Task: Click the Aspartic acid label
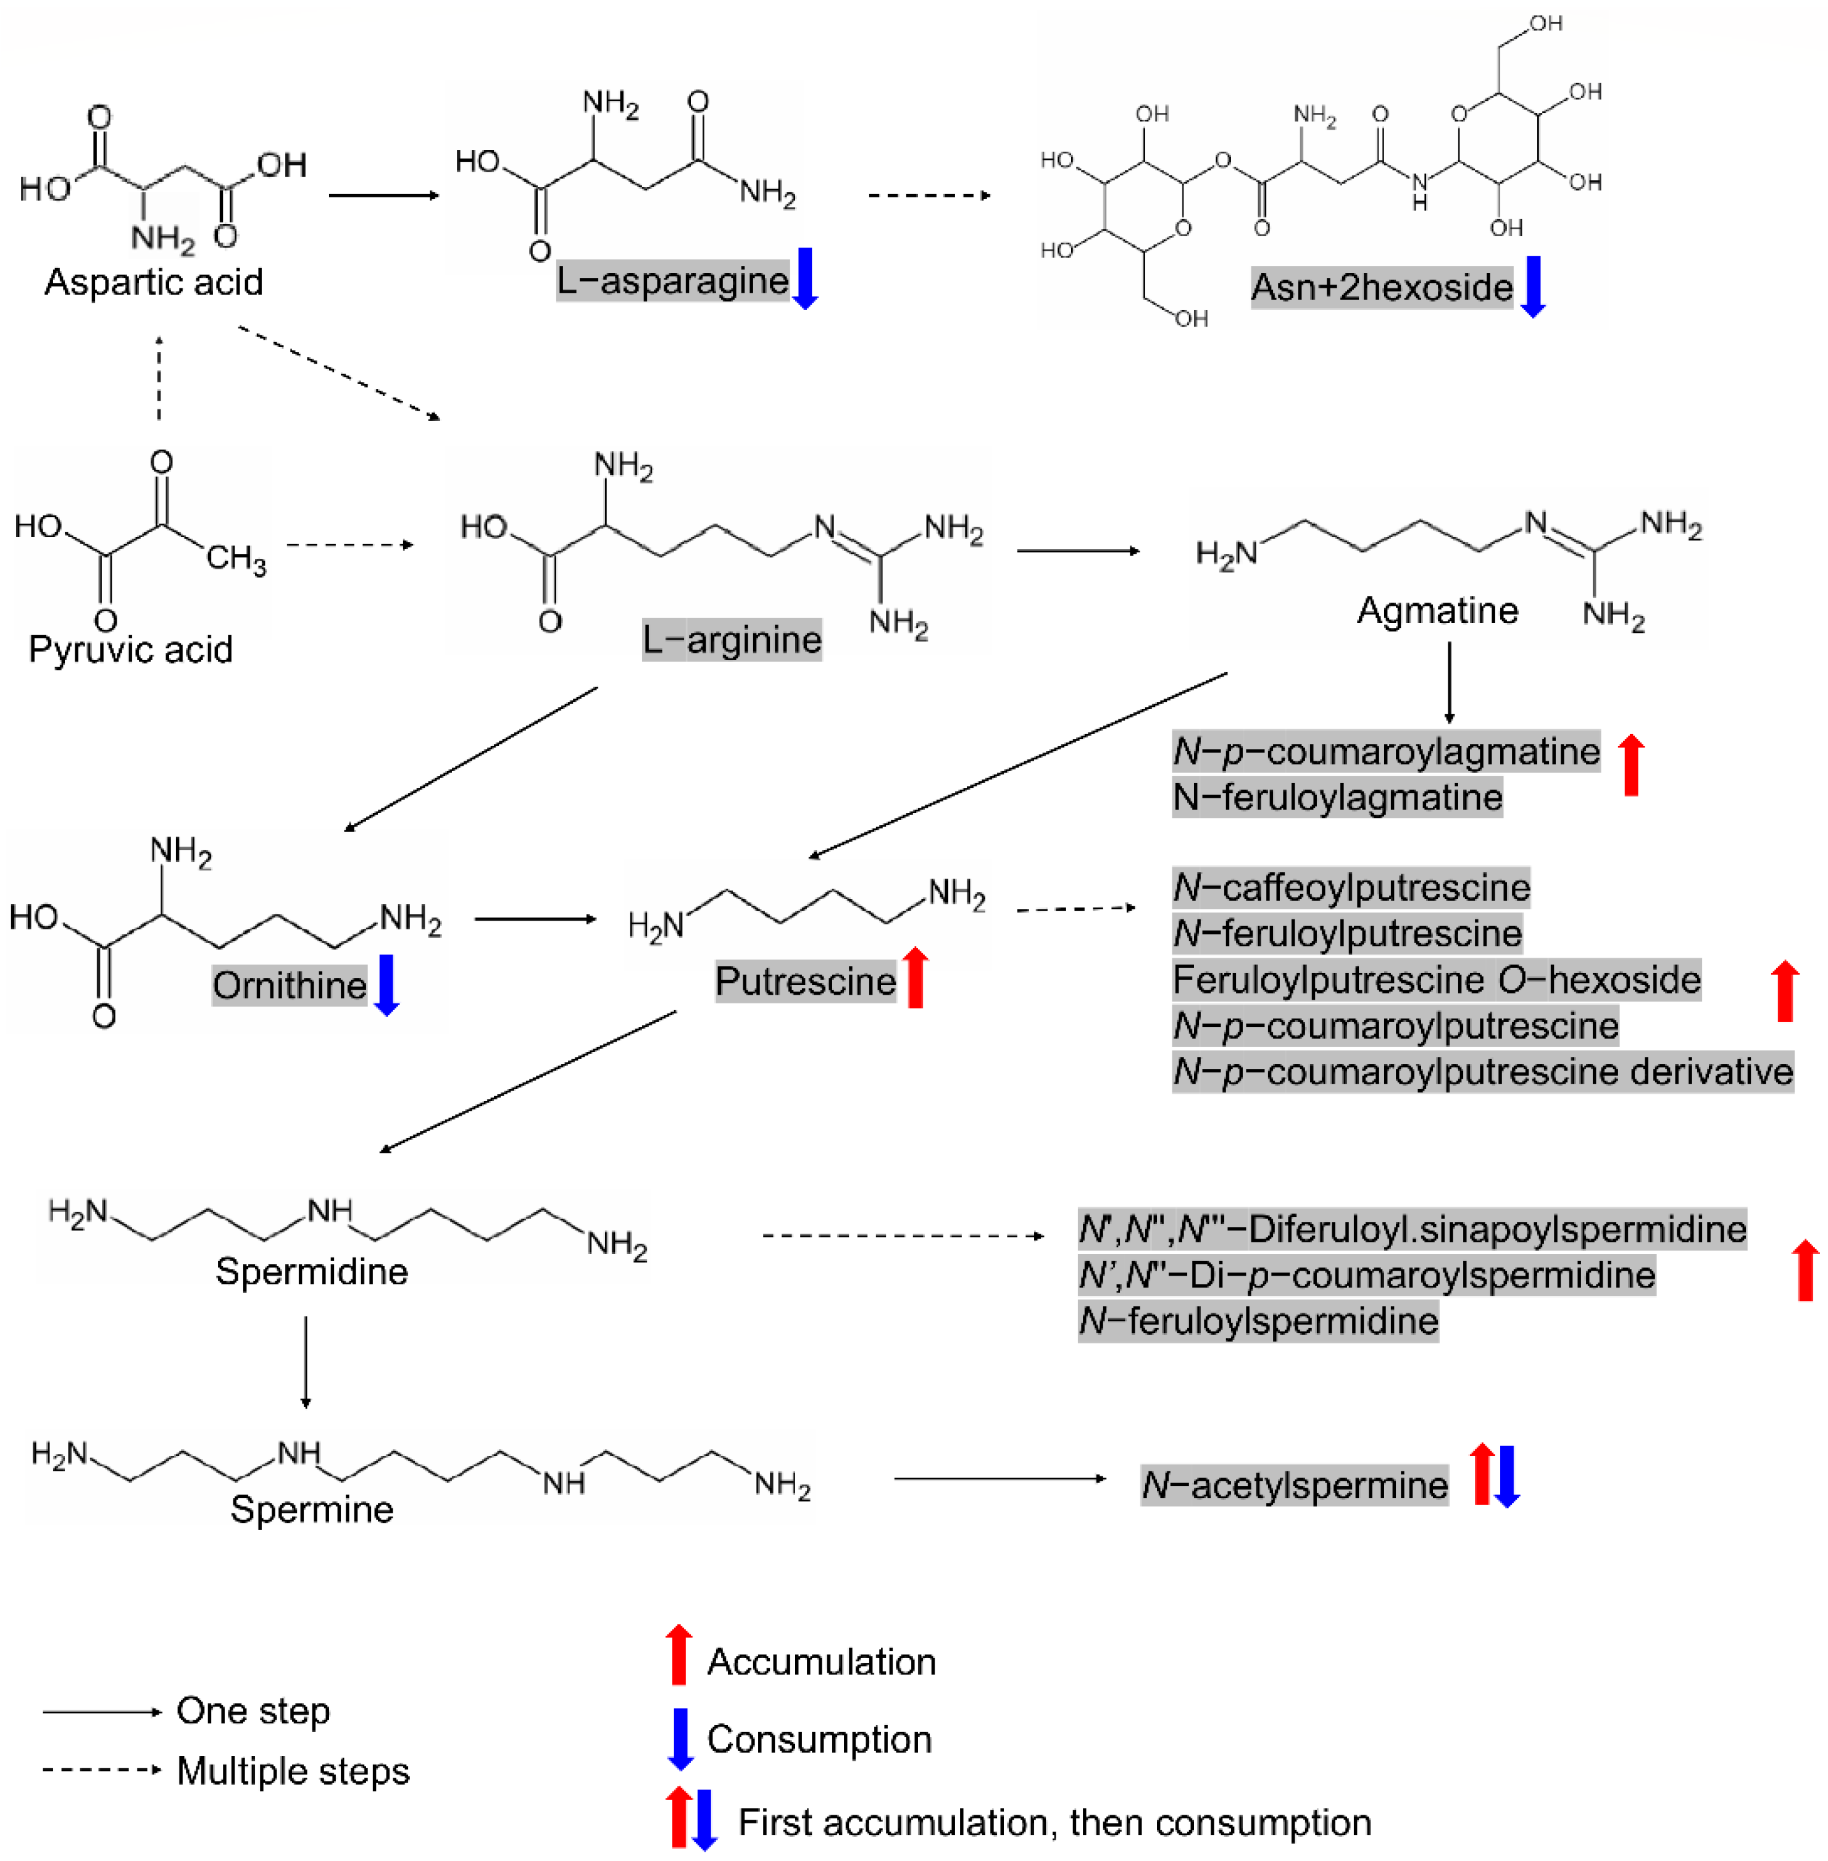coord(154,282)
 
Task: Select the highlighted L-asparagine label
coord(672,280)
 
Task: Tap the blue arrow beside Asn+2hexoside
coord(1534,286)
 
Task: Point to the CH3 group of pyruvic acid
coord(236,558)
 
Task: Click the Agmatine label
coord(1437,611)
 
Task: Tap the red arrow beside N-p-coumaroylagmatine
coord(1631,766)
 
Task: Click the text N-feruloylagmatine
coord(1337,798)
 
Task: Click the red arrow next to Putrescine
coord(916,977)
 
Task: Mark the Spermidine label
coord(312,1273)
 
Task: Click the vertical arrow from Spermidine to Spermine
coord(306,1361)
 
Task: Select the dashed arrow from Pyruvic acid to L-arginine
coord(349,545)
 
